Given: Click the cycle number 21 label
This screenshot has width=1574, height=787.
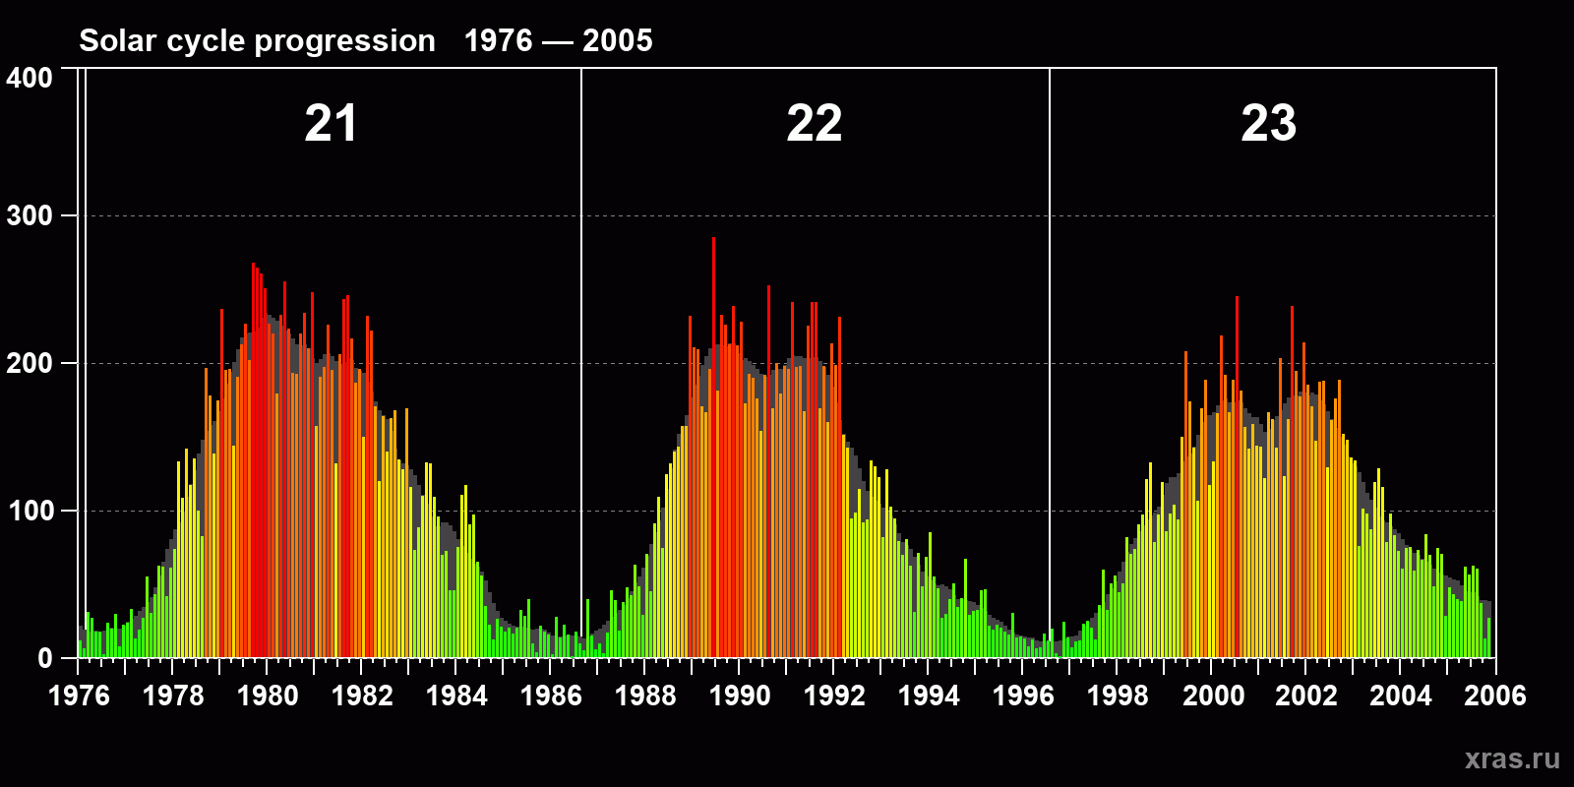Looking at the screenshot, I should point(331,124).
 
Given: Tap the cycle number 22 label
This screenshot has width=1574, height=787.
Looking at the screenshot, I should point(815,124).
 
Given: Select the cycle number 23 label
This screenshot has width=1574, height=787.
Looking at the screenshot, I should point(1269,124).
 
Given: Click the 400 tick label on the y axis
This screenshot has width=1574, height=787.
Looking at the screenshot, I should point(30,78).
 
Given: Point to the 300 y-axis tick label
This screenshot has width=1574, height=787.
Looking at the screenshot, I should point(30,215).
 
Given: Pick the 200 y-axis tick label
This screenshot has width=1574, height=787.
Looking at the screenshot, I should point(30,363).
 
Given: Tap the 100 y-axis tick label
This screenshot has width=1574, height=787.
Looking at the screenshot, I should point(30,511).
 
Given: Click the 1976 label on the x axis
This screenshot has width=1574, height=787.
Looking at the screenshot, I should point(79,696).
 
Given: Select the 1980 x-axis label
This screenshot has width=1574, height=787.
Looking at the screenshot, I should point(268,696).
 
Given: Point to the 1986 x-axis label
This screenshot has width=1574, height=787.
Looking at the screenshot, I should point(551,696).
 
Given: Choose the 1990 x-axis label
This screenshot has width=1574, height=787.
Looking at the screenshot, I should point(740,696).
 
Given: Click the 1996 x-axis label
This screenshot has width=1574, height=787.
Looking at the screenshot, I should point(1023,696).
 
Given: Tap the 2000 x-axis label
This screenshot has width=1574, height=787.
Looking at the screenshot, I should point(1213,696).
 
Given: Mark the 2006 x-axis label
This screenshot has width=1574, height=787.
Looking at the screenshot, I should point(1495,696).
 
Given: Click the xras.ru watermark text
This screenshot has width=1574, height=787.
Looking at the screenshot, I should point(1512,758).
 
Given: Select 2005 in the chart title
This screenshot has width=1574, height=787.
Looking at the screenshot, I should point(618,40).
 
